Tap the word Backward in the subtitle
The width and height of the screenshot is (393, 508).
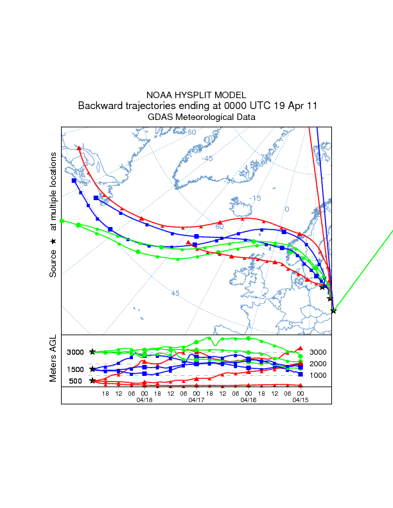tap(101, 106)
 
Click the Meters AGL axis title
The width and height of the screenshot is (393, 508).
tap(54, 360)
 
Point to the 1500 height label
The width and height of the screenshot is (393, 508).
tap(76, 369)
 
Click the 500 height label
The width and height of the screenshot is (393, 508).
tap(76, 381)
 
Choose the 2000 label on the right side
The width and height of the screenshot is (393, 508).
tap(318, 364)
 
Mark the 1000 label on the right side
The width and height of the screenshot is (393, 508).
tap(318, 375)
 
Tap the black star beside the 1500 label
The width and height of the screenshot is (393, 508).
tap(92, 369)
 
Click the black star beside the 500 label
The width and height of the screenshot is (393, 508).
tap(92, 380)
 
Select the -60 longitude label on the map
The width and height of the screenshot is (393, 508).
tap(191, 132)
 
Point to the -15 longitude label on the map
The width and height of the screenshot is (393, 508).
tap(255, 198)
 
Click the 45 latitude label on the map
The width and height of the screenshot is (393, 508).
tap(175, 293)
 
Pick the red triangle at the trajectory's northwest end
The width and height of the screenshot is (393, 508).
tap(79, 148)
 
